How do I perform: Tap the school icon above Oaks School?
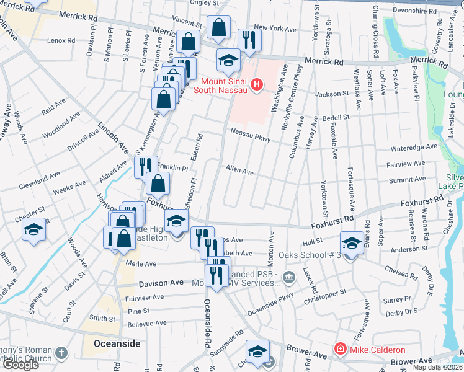click(x=352, y=242)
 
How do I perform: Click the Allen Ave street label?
click(x=239, y=170)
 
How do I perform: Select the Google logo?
click(x=20, y=365)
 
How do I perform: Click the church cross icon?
click(x=61, y=353)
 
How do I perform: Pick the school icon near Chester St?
click(x=33, y=229)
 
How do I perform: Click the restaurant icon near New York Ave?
click(x=249, y=39)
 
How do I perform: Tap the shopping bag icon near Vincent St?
click(x=218, y=27)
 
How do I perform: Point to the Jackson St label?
click(x=332, y=94)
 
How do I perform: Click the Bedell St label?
click(x=336, y=117)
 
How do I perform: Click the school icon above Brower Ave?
click(x=257, y=352)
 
